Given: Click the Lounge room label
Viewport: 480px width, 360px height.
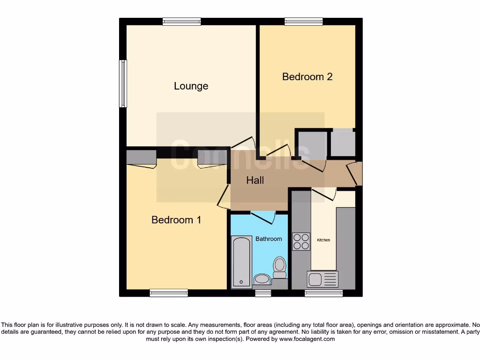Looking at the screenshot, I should coord(191,86).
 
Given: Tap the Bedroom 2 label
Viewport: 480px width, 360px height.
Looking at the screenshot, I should coord(307,76).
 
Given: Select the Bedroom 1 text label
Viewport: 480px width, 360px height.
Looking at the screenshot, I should coord(176,220).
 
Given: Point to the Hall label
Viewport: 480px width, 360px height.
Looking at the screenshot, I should coord(255,180).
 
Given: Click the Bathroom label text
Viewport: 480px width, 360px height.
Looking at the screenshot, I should coord(269,239).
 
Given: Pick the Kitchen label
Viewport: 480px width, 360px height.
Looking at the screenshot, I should coord(323,240).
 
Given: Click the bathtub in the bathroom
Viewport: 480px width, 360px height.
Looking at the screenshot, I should coord(241,262).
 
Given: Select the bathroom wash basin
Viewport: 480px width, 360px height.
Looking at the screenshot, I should coord(262,279).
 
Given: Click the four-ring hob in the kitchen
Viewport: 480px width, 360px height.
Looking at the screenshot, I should coord(301,241).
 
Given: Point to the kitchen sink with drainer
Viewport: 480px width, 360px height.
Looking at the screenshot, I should coord(322,279).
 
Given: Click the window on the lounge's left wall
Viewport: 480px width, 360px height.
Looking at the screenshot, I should coord(123,83).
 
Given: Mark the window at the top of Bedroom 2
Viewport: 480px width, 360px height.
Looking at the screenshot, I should coord(303,21).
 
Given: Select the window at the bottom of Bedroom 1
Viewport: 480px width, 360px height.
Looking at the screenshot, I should coord(169,293).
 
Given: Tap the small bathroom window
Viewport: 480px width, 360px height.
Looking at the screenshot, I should coord(263,293).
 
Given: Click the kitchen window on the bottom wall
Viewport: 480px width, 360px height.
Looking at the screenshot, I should coord(323,293).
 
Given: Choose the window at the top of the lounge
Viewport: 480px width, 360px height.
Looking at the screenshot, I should coord(182,21).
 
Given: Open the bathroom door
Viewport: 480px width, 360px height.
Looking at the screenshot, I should coord(262,217).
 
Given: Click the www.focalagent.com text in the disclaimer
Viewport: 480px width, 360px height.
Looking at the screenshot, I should coord(307,339).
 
